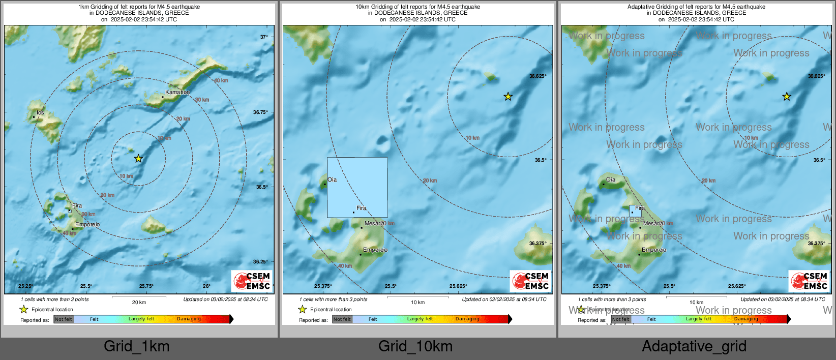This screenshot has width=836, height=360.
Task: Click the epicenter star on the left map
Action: click(138, 159)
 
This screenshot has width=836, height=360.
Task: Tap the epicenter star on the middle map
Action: click(508, 97)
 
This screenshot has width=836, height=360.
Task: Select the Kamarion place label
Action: click(177, 93)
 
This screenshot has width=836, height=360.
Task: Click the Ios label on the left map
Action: click(40, 113)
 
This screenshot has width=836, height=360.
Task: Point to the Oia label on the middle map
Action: click(332, 180)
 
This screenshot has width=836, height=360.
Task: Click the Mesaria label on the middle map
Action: click(375, 223)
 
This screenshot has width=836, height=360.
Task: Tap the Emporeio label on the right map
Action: click(654, 250)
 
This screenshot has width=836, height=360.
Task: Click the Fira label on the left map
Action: click(77, 206)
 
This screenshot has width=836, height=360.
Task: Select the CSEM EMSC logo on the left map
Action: click(252, 281)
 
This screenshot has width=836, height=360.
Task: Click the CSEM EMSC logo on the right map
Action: click(809, 281)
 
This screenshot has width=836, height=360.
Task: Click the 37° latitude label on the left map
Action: click(264, 37)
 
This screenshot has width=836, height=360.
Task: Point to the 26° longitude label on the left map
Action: click(206, 286)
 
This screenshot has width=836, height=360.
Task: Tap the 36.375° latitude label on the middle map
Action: click(538, 244)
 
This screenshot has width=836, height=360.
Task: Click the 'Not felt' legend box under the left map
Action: click(64, 319)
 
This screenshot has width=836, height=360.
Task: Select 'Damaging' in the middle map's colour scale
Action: click(467, 319)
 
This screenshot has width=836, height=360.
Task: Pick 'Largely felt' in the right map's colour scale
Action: click(699, 319)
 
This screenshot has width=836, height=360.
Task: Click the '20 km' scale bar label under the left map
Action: click(139, 303)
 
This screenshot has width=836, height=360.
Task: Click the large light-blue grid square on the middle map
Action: click(357, 187)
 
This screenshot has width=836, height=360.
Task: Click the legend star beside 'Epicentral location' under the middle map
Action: click(303, 309)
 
